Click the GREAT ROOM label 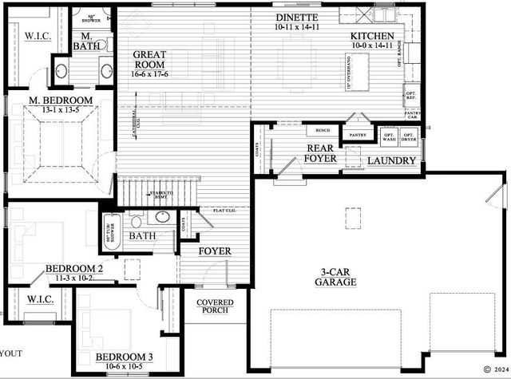[x=149, y=59]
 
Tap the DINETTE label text [x=297, y=18]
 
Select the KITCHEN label [x=372, y=37]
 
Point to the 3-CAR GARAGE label [x=335, y=276]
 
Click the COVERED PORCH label [x=215, y=306]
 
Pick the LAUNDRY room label [x=391, y=161]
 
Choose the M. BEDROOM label [x=61, y=101]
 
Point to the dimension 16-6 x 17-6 [x=149, y=74]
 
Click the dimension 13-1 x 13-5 [x=61, y=110]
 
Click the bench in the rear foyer [x=323, y=130]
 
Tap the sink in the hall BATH [x=162, y=216]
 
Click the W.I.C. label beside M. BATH [x=38, y=36]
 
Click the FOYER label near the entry [x=215, y=251]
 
